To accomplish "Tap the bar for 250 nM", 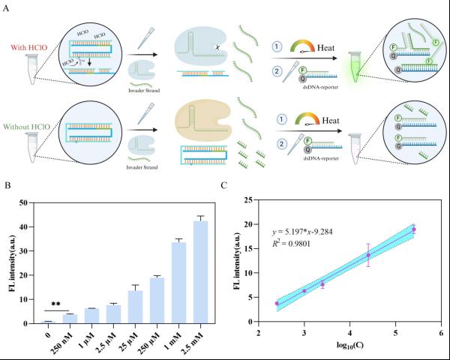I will tap(69, 319).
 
